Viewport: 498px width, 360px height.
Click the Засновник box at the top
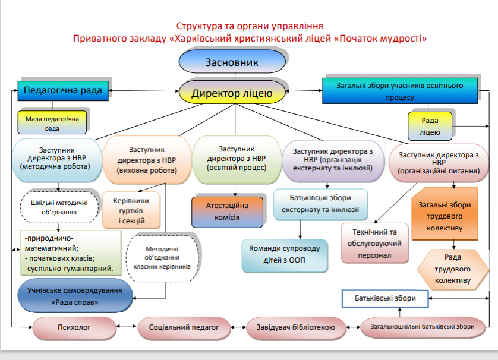click(232, 62)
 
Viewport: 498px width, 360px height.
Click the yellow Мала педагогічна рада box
click(51, 123)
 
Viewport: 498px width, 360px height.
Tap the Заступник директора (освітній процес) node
click(236, 159)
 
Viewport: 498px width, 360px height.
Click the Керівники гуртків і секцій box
click(131, 211)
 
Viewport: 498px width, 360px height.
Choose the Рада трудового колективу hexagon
click(452, 269)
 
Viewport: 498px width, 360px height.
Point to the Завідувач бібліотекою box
click(295, 326)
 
